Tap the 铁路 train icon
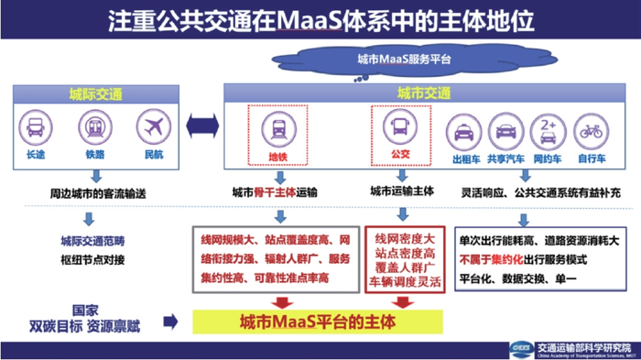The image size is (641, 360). pos(95,127)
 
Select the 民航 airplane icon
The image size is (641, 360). pos(153,127)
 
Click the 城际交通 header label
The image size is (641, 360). pos(95,93)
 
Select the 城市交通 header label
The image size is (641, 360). pos(424,93)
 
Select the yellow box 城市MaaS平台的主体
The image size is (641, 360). pos(316,322)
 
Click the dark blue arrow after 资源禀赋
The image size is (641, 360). pos(170,322)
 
